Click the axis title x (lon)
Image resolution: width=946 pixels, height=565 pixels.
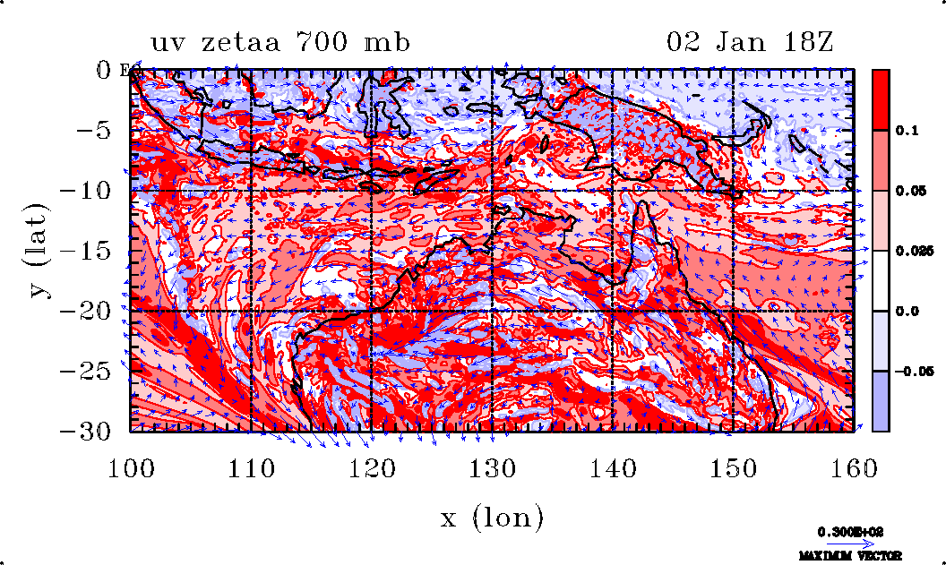click(492, 517)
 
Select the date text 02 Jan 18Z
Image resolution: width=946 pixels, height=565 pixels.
click(750, 42)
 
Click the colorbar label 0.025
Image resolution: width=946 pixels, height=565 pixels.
click(911, 251)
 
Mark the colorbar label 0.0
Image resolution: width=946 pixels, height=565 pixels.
click(906, 311)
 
